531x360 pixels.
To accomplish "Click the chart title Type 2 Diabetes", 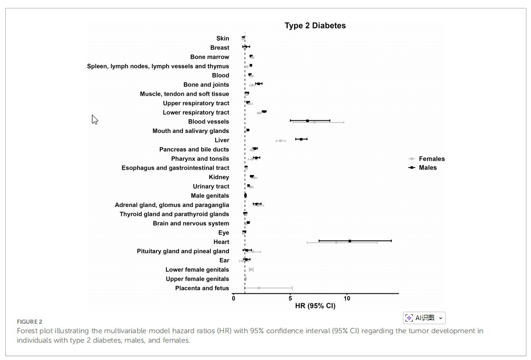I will coord(315,25).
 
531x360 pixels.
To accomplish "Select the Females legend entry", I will coord(431,159).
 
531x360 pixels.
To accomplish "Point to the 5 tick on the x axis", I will coord(290,299).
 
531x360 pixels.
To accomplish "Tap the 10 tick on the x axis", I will coord(347,299).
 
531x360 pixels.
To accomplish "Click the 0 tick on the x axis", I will coord(234,299).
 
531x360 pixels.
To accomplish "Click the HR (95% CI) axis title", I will coord(315,306).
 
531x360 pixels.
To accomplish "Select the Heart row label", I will coord(221,242).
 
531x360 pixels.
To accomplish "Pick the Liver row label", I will coord(222,140).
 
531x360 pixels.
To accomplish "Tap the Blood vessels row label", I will coord(209,122).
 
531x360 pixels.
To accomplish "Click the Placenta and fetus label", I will coord(202,288).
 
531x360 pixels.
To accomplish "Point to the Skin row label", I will coord(223,38).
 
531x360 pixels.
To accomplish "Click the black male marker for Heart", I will coord(349,241).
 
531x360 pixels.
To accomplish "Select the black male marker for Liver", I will coord(301,139).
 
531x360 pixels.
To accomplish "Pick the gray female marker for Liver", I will coord(280,141).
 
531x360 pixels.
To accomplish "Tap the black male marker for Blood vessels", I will coord(307,121).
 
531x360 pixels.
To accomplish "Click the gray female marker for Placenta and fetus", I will coord(258,288).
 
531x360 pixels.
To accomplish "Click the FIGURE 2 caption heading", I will coord(29,322).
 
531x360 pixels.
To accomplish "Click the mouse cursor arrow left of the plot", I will coord(95,119).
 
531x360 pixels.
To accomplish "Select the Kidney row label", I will coord(219,177).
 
